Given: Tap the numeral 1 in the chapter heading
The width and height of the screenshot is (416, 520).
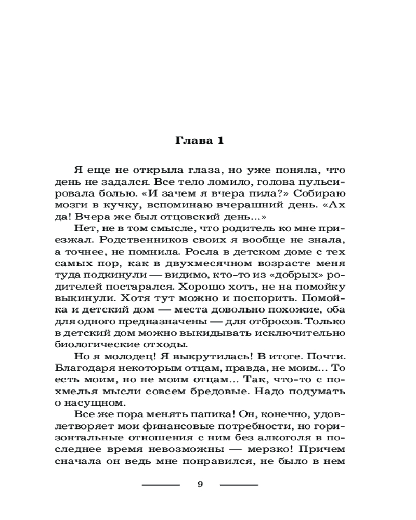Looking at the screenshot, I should tap(220, 141).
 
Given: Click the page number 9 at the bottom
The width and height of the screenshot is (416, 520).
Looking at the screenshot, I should tap(200, 484).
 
